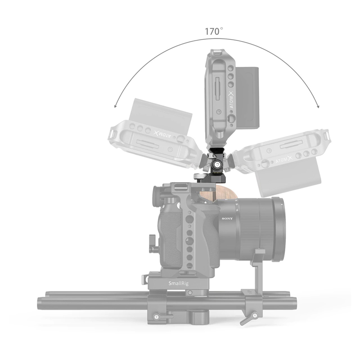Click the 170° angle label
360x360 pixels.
point(214,31)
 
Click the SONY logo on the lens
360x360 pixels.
point(227,219)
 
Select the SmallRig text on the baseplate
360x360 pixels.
point(178,283)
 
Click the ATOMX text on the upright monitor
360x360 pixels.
point(231,102)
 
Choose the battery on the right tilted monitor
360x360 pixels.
point(288,180)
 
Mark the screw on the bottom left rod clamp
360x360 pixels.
point(156,316)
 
